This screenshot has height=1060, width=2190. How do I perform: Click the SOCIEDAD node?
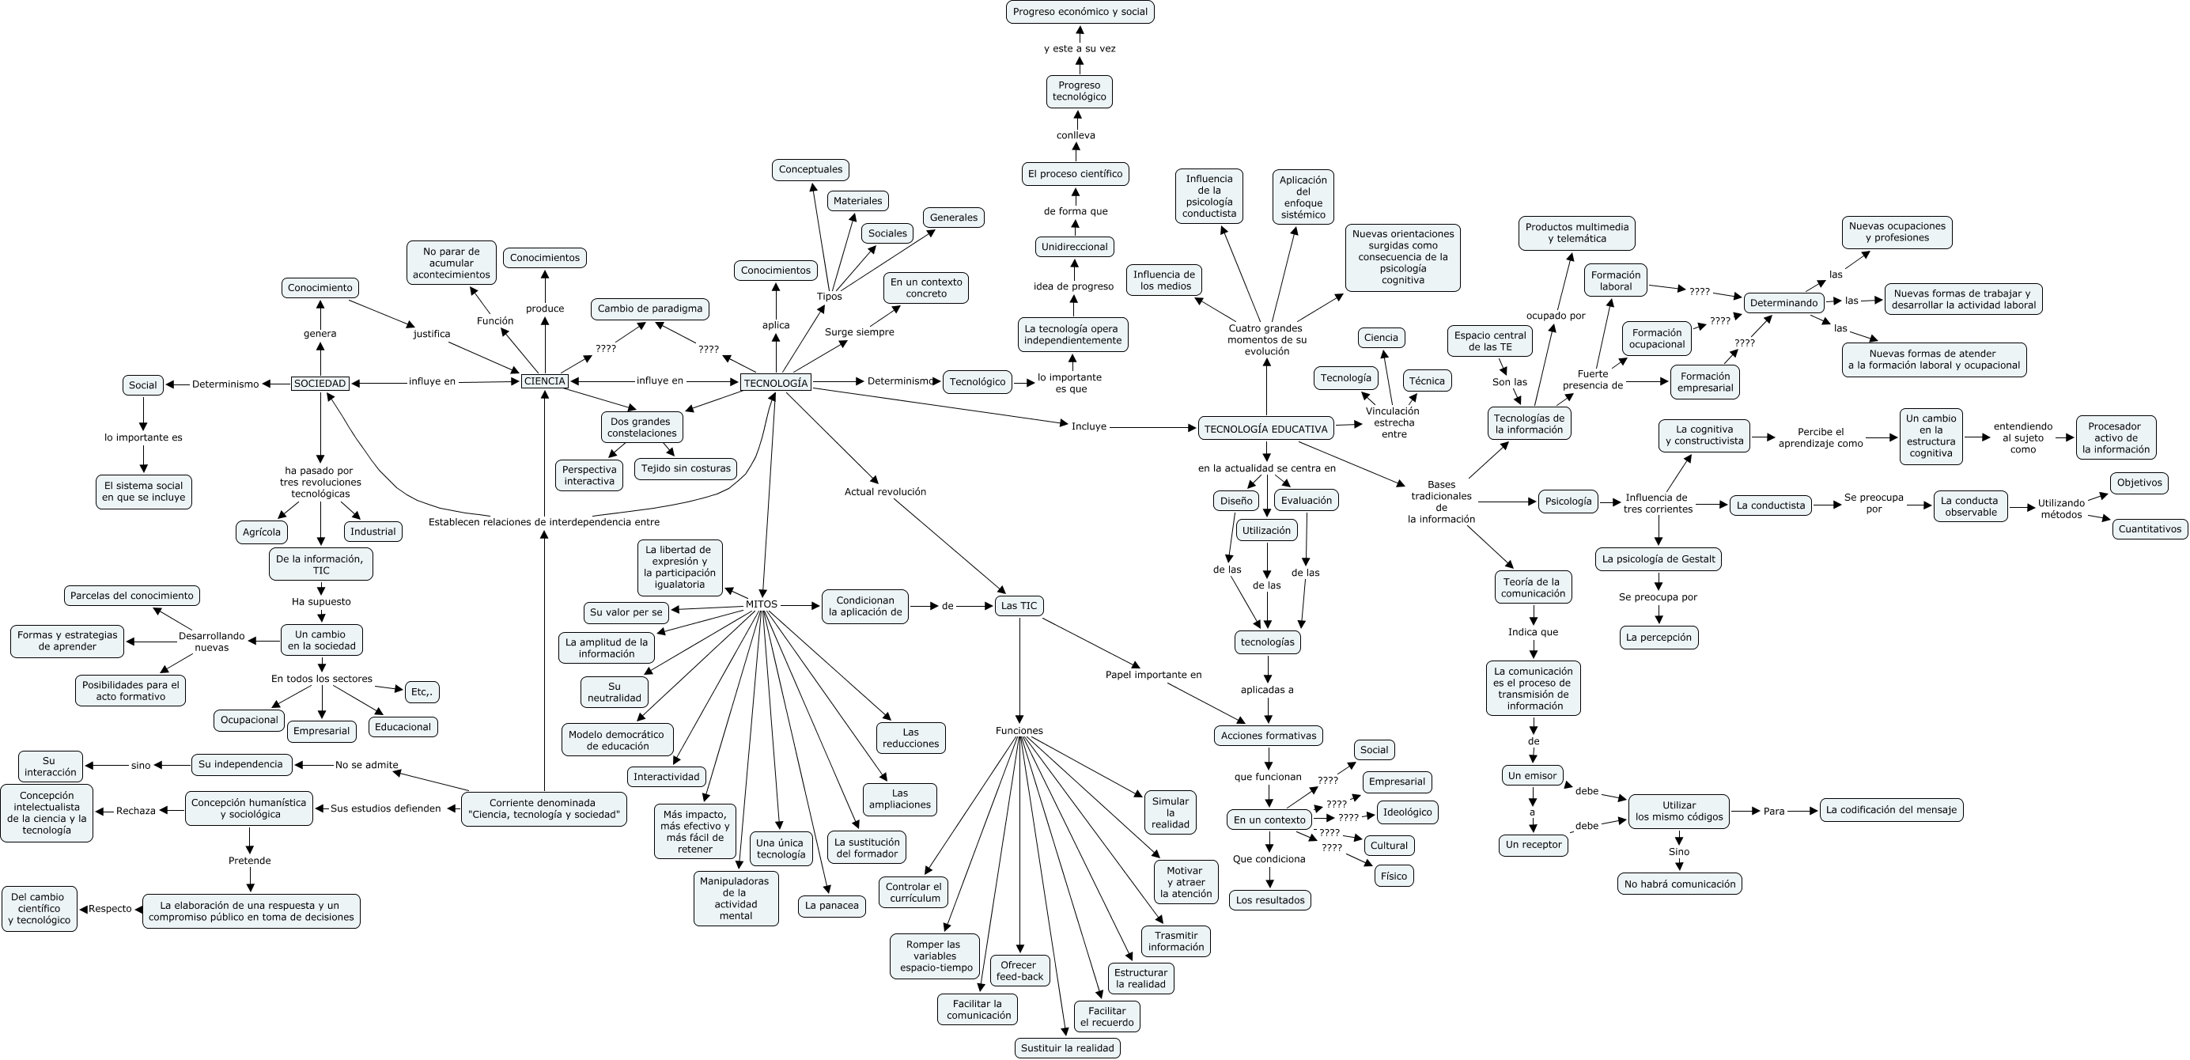point(320,384)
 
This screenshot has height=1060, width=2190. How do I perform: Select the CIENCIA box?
point(544,381)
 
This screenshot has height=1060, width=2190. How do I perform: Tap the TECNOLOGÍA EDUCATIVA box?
point(1265,430)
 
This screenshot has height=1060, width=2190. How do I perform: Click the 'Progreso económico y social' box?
point(1080,12)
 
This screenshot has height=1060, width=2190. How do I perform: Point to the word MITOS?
point(761,604)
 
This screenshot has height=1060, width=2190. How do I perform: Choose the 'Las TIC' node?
point(1019,606)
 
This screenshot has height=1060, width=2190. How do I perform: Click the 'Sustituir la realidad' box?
point(1067,1048)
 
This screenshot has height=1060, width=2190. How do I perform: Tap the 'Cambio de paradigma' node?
point(649,309)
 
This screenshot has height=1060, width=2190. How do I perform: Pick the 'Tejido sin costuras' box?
point(685,468)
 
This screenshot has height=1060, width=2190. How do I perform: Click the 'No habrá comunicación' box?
point(1679,884)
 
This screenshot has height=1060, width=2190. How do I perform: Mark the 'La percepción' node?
point(1659,638)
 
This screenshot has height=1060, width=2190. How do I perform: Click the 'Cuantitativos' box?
point(2149,528)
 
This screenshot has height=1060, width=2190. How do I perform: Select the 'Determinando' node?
point(1783,303)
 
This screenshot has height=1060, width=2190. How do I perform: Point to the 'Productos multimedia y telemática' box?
point(1576,233)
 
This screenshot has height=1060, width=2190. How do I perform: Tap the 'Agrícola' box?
point(261,532)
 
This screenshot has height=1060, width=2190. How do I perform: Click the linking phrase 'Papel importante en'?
point(1153,675)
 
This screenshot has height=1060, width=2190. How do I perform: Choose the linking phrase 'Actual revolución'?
point(884,492)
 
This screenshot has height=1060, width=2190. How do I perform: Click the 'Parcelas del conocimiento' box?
point(132,596)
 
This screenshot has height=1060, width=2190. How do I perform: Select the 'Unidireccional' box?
point(1074,248)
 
